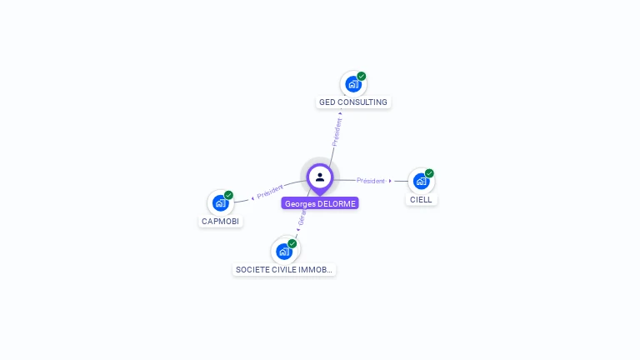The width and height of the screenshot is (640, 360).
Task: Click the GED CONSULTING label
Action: (x=353, y=102)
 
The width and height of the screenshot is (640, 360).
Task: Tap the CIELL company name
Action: (x=421, y=200)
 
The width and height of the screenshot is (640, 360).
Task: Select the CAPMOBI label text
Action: (x=220, y=222)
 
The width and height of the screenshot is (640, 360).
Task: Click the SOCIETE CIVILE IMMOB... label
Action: (x=284, y=270)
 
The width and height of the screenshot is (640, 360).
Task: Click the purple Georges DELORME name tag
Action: (x=320, y=203)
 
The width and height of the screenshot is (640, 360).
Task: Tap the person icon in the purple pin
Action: (x=320, y=177)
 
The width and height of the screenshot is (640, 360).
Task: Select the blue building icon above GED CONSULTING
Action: (x=352, y=84)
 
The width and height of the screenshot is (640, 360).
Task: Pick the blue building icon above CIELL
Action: (x=420, y=181)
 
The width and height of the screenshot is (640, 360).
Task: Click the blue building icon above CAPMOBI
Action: (x=220, y=202)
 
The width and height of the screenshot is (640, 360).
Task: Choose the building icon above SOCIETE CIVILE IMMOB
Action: (x=283, y=251)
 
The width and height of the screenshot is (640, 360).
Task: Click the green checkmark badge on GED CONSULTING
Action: (x=362, y=76)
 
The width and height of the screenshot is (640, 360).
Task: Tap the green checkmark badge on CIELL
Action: (x=429, y=173)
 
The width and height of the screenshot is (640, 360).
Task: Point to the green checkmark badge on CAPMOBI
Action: (x=228, y=195)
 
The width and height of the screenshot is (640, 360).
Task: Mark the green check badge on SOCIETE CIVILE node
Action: (x=292, y=243)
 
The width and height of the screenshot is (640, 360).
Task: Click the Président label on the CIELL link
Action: (x=371, y=181)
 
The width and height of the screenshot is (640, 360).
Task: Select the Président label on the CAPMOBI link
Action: (x=270, y=192)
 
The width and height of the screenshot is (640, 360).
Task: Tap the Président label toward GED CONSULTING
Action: (x=337, y=132)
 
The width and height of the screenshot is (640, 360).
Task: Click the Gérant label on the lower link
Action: (x=302, y=218)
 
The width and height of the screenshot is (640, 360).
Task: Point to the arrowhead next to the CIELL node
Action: (x=390, y=181)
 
